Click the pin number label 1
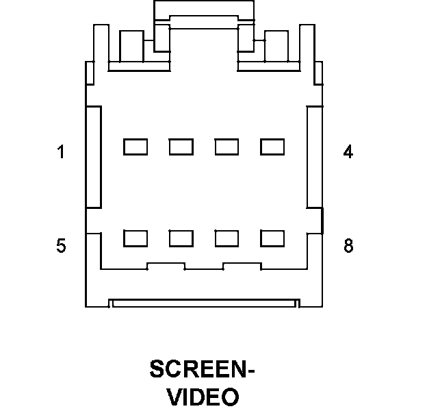pyautogui.click(x=61, y=152)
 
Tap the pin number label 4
pyautogui.click(x=348, y=152)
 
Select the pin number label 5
pyautogui.click(x=61, y=246)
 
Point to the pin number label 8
pyautogui.click(x=348, y=246)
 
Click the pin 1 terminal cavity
pyautogui.click(x=135, y=147)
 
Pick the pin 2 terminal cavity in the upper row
pyautogui.click(x=181, y=147)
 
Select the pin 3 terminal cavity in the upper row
pyautogui.click(x=227, y=147)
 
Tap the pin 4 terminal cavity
pyautogui.click(x=272, y=147)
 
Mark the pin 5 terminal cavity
pyautogui.click(x=135, y=238)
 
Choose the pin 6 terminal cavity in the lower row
pyautogui.click(x=181, y=238)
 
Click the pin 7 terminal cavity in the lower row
pyautogui.click(x=227, y=238)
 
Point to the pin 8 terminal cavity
pyautogui.click(x=272, y=238)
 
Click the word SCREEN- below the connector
pyautogui.click(x=202, y=370)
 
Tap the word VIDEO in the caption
pyautogui.click(x=203, y=397)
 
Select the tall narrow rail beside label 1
pyautogui.click(x=94, y=157)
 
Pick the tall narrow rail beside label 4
pyautogui.click(x=314, y=157)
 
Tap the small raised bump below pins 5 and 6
pyautogui.click(x=166, y=266)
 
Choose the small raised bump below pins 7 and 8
pyautogui.click(x=242, y=266)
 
